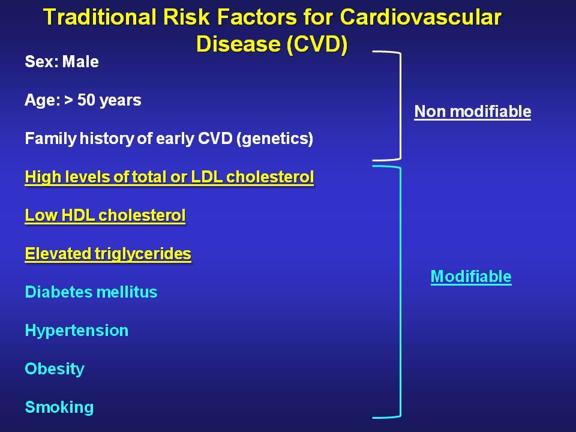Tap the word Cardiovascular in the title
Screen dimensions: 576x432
tap(421, 17)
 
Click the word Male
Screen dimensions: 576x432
tap(80, 62)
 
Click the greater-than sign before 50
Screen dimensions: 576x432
tap(68, 100)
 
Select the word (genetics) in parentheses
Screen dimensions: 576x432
tap(275, 139)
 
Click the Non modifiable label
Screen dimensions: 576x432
tap(473, 112)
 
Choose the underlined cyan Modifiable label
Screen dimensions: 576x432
tap(471, 276)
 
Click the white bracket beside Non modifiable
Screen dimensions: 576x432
tap(400, 106)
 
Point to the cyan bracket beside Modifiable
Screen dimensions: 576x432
tap(400, 292)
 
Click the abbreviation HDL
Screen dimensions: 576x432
tap(78, 215)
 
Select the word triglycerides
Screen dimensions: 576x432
tap(143, 254)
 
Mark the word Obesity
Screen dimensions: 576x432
tap(55, 369)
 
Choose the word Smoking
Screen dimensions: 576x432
tap(59, 407)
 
